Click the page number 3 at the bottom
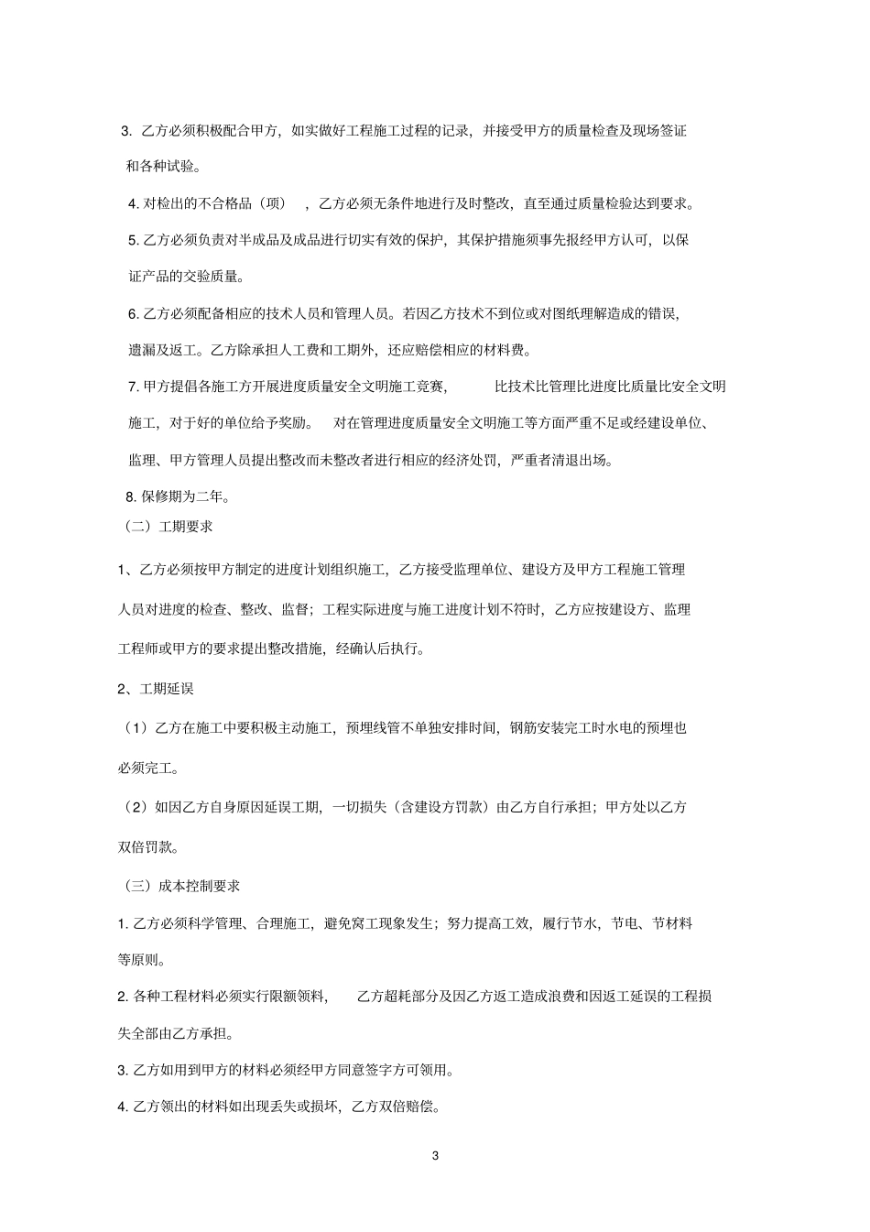tap(435, 1156)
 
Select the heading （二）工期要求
tap(169, 527)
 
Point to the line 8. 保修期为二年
tap(177, 497)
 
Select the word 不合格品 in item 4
tap(223, 203)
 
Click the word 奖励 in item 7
tap(292, 423)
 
